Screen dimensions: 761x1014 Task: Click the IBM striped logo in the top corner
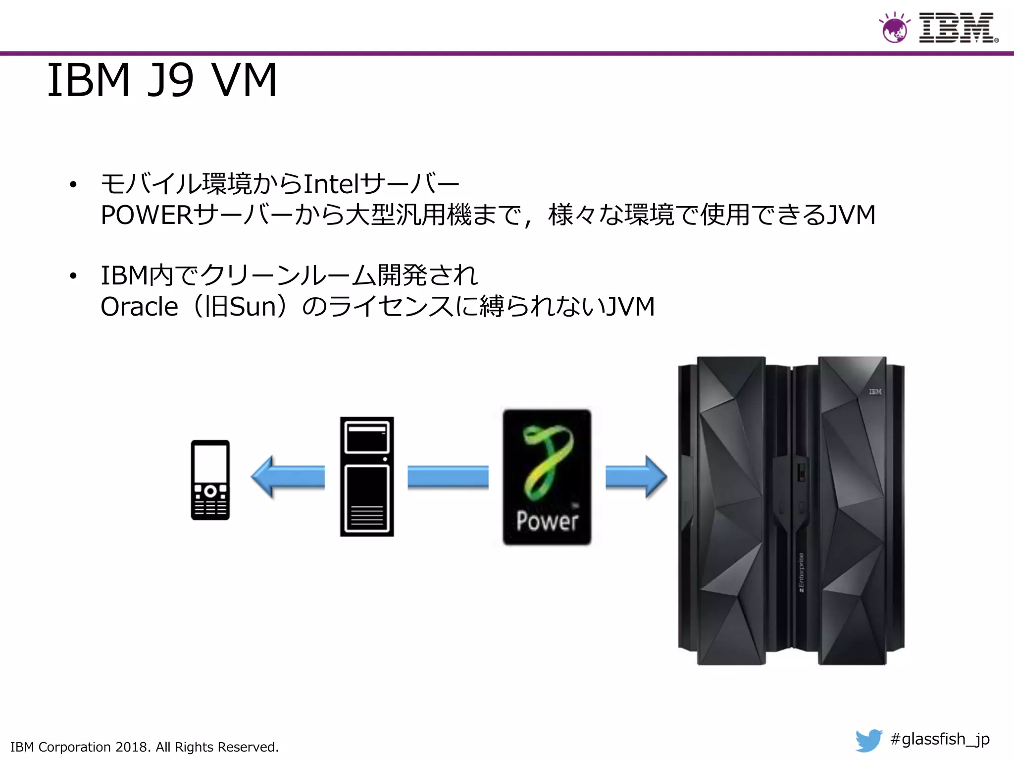(957, 28)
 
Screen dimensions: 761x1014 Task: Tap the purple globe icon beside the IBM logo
(894, 29)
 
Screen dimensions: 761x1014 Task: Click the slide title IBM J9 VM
(162, 80)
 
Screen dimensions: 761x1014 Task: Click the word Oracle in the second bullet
(139, 307)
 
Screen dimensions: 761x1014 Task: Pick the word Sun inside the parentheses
(253, 307)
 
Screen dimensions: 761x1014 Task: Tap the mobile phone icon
(210, 480)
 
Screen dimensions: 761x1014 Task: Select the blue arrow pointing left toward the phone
(288, 477)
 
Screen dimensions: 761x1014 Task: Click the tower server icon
(367, 476)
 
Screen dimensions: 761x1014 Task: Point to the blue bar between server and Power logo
(448, 477)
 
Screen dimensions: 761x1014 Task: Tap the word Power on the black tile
(547, 521)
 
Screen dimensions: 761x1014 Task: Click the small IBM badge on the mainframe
(875, 392)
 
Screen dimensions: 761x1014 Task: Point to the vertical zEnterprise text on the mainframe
(801, 572)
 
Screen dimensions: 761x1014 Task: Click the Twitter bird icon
(868, 740)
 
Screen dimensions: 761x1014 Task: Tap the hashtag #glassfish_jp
(940, 739)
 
